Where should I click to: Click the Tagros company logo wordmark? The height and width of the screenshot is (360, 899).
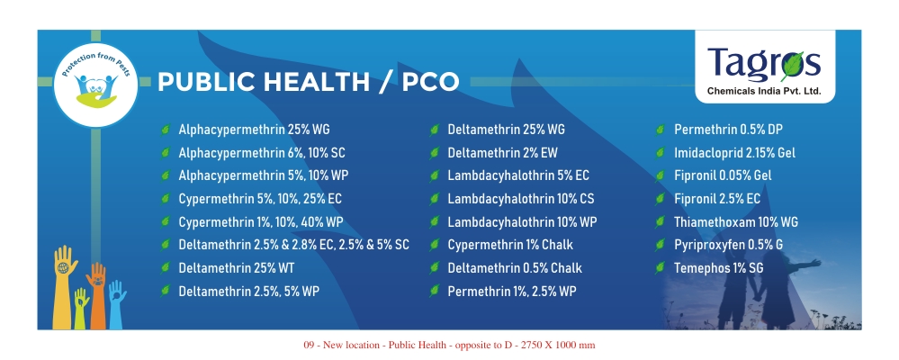coord(764,63)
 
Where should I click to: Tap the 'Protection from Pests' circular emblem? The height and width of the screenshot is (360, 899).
coord(95,85)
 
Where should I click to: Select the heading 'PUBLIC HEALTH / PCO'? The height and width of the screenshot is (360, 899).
coord(308,82)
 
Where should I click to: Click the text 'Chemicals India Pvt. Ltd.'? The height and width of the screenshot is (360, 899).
coord(764,91)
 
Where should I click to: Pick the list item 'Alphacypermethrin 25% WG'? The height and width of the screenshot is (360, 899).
coord(254,130)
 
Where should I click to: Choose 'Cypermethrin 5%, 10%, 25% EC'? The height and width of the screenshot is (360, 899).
coord(260,199)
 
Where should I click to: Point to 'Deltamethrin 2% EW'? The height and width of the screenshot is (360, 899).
coord(502,153)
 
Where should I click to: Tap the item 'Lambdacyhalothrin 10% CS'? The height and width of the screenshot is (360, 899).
coord(521,199)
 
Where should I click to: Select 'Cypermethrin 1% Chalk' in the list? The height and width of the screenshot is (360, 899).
coord(509,245)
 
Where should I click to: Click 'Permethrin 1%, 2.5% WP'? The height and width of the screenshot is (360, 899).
coord(511,292)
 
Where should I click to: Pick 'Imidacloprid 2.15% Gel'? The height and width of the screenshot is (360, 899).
coord(734,153)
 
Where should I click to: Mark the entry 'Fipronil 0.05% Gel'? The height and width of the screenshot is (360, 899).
coord(723,175)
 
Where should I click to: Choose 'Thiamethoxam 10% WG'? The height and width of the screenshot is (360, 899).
coord(735,221)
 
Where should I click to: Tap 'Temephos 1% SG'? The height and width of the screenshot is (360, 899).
coord(718,267)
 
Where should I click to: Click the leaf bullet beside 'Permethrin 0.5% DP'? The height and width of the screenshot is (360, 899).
coord(660,130)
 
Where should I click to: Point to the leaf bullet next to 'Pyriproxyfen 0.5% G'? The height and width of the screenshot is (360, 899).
coord(660,245)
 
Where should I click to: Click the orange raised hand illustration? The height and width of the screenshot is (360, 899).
coord(97,295)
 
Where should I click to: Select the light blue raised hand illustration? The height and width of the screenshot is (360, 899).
coord(116,304)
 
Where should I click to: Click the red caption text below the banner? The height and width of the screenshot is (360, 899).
coord(449,345)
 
